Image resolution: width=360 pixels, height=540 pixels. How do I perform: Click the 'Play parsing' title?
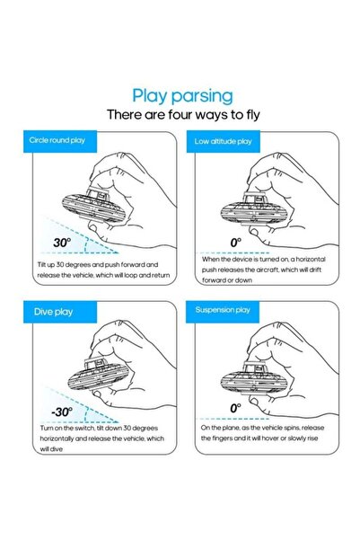pyautogui.click(x=183, y=96)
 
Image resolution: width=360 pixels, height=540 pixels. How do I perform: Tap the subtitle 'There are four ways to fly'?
pyautogui.click(x=183, y=114)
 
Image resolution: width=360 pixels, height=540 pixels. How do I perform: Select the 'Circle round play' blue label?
pyautogui.click(x=60, y=141)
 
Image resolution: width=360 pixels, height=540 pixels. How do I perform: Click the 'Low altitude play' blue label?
pyautogui.click(x=223, y=141)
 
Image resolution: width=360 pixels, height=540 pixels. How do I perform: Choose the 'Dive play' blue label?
pyautogui.click(x=60, y=312)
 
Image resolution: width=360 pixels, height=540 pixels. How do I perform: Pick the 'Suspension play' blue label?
pyautogui.click(x=223, y=311)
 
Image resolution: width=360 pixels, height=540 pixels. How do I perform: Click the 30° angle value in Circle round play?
pyautogui.click(x=62, y=243)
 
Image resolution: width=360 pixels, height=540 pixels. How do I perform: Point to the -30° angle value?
pyautogui.click(x=62, y=412)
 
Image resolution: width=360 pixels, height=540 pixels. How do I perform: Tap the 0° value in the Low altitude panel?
pyautogui.click(x=236, y=243)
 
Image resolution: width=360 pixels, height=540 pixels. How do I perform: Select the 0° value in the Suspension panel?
pyautogui.click(x=236, y=408)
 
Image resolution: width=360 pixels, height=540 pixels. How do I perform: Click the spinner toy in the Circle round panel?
pyautogui.click(x=94, y=206)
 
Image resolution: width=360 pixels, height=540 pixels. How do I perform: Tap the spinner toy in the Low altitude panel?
pyautogui.click(x=254, y=210)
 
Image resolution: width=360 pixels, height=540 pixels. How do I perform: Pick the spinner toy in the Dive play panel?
pyautogui.click(x=98, y=376)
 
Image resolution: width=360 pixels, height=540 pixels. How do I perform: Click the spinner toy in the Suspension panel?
pyautogui.click(x=254, y=379)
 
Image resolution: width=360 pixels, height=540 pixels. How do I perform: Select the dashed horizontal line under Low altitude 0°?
pyautogui.click(x=235, y=252)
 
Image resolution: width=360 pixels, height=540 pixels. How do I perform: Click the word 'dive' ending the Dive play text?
pyautogui.click(x=57, y=449)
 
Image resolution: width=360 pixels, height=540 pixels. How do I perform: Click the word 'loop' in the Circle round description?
pyautogui.click(x=130, y=275)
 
